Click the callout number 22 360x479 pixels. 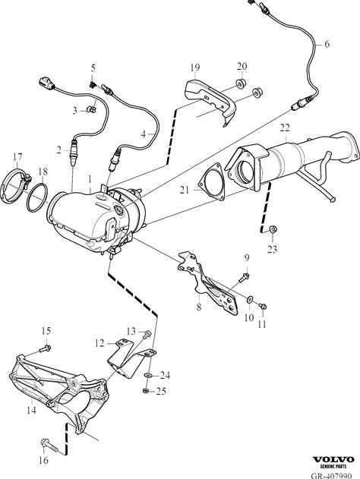click(x=285, y=128)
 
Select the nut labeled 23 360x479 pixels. click(x=273, y=228)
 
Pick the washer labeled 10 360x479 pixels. click(x=249, y=300)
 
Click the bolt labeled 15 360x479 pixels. click(x=46, y=348)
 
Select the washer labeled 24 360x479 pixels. click(x=147, y=374)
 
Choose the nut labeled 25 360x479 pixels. click(x=146, y=390)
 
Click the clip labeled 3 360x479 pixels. click(x=91, y=109)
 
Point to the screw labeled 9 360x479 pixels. click(x=244, y=278)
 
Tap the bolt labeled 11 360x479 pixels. click(x=263, y=306)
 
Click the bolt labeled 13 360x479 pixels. click(x=147, y=334)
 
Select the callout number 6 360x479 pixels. click(x=327, y=44)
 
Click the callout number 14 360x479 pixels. click(x=31, y=410)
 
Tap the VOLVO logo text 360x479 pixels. click(x=333, y=459)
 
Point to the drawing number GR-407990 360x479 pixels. click(x=331, y=476)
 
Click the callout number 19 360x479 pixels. click(x=195, y=68)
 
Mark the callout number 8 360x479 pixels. click(x=199, y=307)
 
